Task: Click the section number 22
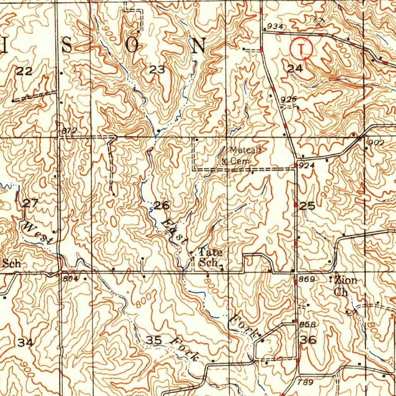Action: [24, 71]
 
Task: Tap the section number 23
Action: [157, 70]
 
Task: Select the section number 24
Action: [295, 68]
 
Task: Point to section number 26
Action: [161, 205]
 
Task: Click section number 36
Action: [308, 340]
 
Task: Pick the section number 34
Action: [26, 342]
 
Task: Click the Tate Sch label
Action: [210, 258]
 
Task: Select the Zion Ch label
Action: [342, 285]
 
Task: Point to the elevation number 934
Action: [275, 26]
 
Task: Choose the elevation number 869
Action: [306, 279]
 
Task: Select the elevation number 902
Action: [376, 143]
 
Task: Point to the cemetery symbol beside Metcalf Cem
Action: [224, 162]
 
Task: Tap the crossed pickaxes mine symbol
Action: [319, 22]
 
